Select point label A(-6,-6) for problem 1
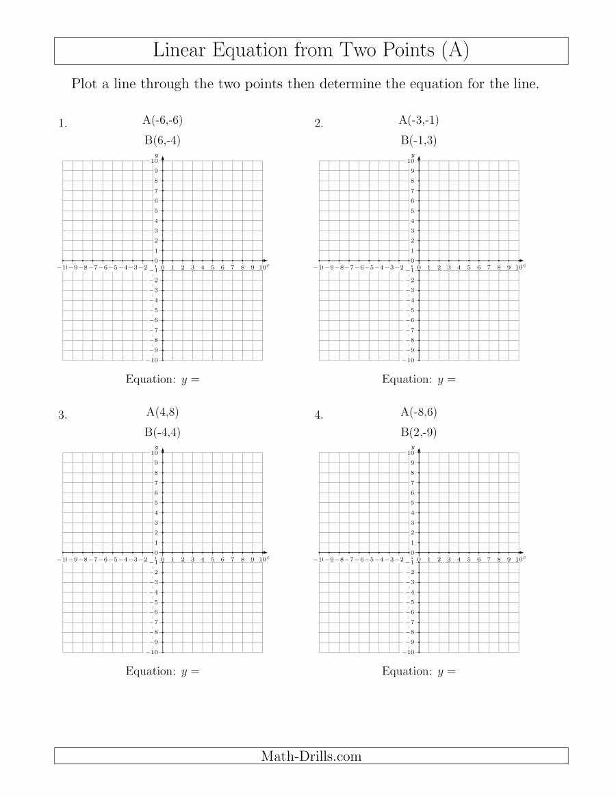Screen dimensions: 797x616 [162, 120]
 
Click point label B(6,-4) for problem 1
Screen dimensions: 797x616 [162, 141]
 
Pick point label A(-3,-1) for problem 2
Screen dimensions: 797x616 [419, 120]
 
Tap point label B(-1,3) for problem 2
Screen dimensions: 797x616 [419, 141]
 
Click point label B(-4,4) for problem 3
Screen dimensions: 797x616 [162, 432]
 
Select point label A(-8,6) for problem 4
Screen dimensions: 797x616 [419, 412]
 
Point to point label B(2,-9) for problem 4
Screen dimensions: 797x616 [419, 432]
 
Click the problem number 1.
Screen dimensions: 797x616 [62, 124]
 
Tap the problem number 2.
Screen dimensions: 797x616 [318, 124]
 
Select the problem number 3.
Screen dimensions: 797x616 [62, 415]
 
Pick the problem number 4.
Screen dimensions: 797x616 [318, 415]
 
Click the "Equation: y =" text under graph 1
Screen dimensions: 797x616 [162, 379]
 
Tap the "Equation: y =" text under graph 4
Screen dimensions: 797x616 [419, 671]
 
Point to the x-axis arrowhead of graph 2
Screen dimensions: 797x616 [522, 261]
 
